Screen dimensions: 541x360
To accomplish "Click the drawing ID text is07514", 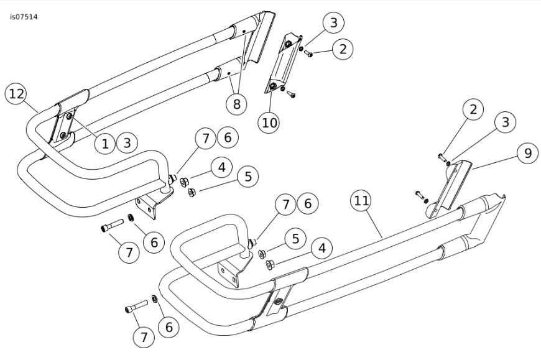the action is pyautogui.click(x=24, y=17).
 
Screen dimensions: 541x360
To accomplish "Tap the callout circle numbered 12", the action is pyautogui.click(x=16, y=94).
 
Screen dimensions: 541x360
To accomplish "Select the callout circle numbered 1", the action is pyautogui.click(x=105, y=143).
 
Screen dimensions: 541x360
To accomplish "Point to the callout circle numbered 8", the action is pyautogui.click(x=236, y=103).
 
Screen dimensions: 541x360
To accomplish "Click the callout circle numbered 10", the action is pyautogui.click(x=269, y=122).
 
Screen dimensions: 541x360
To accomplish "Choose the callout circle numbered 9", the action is pyautogui.click(x=527, y=153).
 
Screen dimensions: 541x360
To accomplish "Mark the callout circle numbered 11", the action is pyautogui.click(x=361, y=200).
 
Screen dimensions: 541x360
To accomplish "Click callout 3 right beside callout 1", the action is pyautogui.click(x=127, y=143).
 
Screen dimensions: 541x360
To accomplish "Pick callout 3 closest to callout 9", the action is pyautogui.click(x=505, y=122).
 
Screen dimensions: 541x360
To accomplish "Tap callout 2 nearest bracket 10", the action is pyautogui.click(x=343, y=49).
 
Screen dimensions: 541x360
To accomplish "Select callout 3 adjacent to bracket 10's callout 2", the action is pyautogui.click(x=334, y=22).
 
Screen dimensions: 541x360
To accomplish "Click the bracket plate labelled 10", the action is pyautogui.click(x=283, y=64).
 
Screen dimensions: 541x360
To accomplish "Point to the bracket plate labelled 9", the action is pyautogui.click(x=448, y=188).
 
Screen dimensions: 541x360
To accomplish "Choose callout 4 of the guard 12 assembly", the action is pyautogui.click(x=222, y=167).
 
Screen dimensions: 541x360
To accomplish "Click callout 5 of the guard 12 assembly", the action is pyautogui.click(x=248, y=177).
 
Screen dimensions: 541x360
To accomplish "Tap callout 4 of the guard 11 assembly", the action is pyautogui.click(x=321, y=248).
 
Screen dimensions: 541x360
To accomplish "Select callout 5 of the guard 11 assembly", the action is pyautogui.click(x=295, y=238).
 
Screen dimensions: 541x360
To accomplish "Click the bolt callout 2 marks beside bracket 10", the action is pyautogui.click(x=308, y=54).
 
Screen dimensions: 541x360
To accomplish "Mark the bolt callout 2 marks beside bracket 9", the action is pyautogui.click(x=442, y=157).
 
